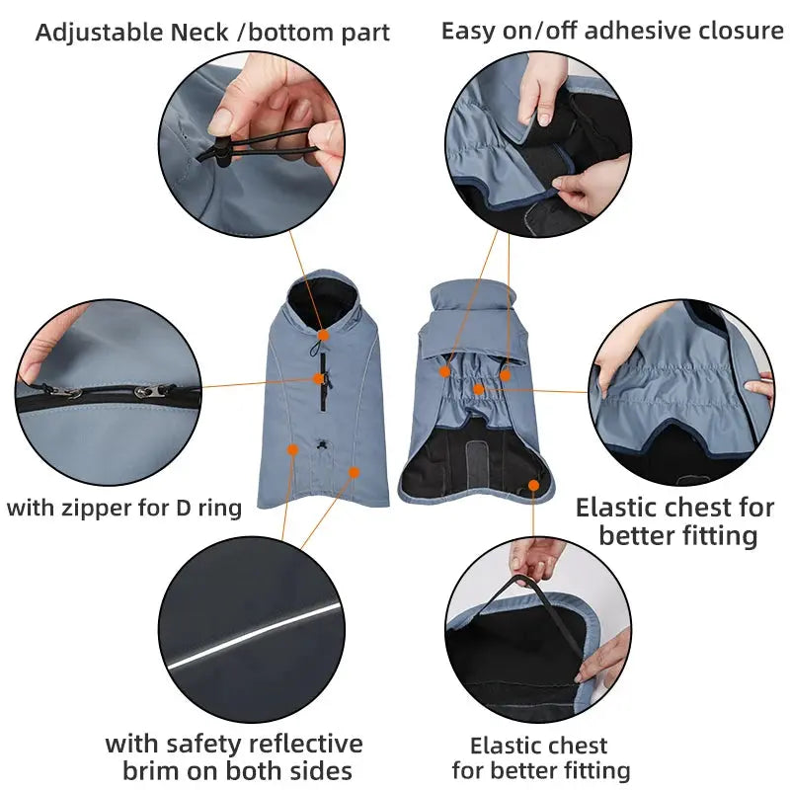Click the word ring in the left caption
click(220, 509)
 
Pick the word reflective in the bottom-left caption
click(297, 744)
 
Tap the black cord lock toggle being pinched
click(223, 149)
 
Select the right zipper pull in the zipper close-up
click(163, 391)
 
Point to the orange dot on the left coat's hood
click(323, 336)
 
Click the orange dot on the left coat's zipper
click(319, 378)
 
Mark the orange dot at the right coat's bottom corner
click(534, 485)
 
